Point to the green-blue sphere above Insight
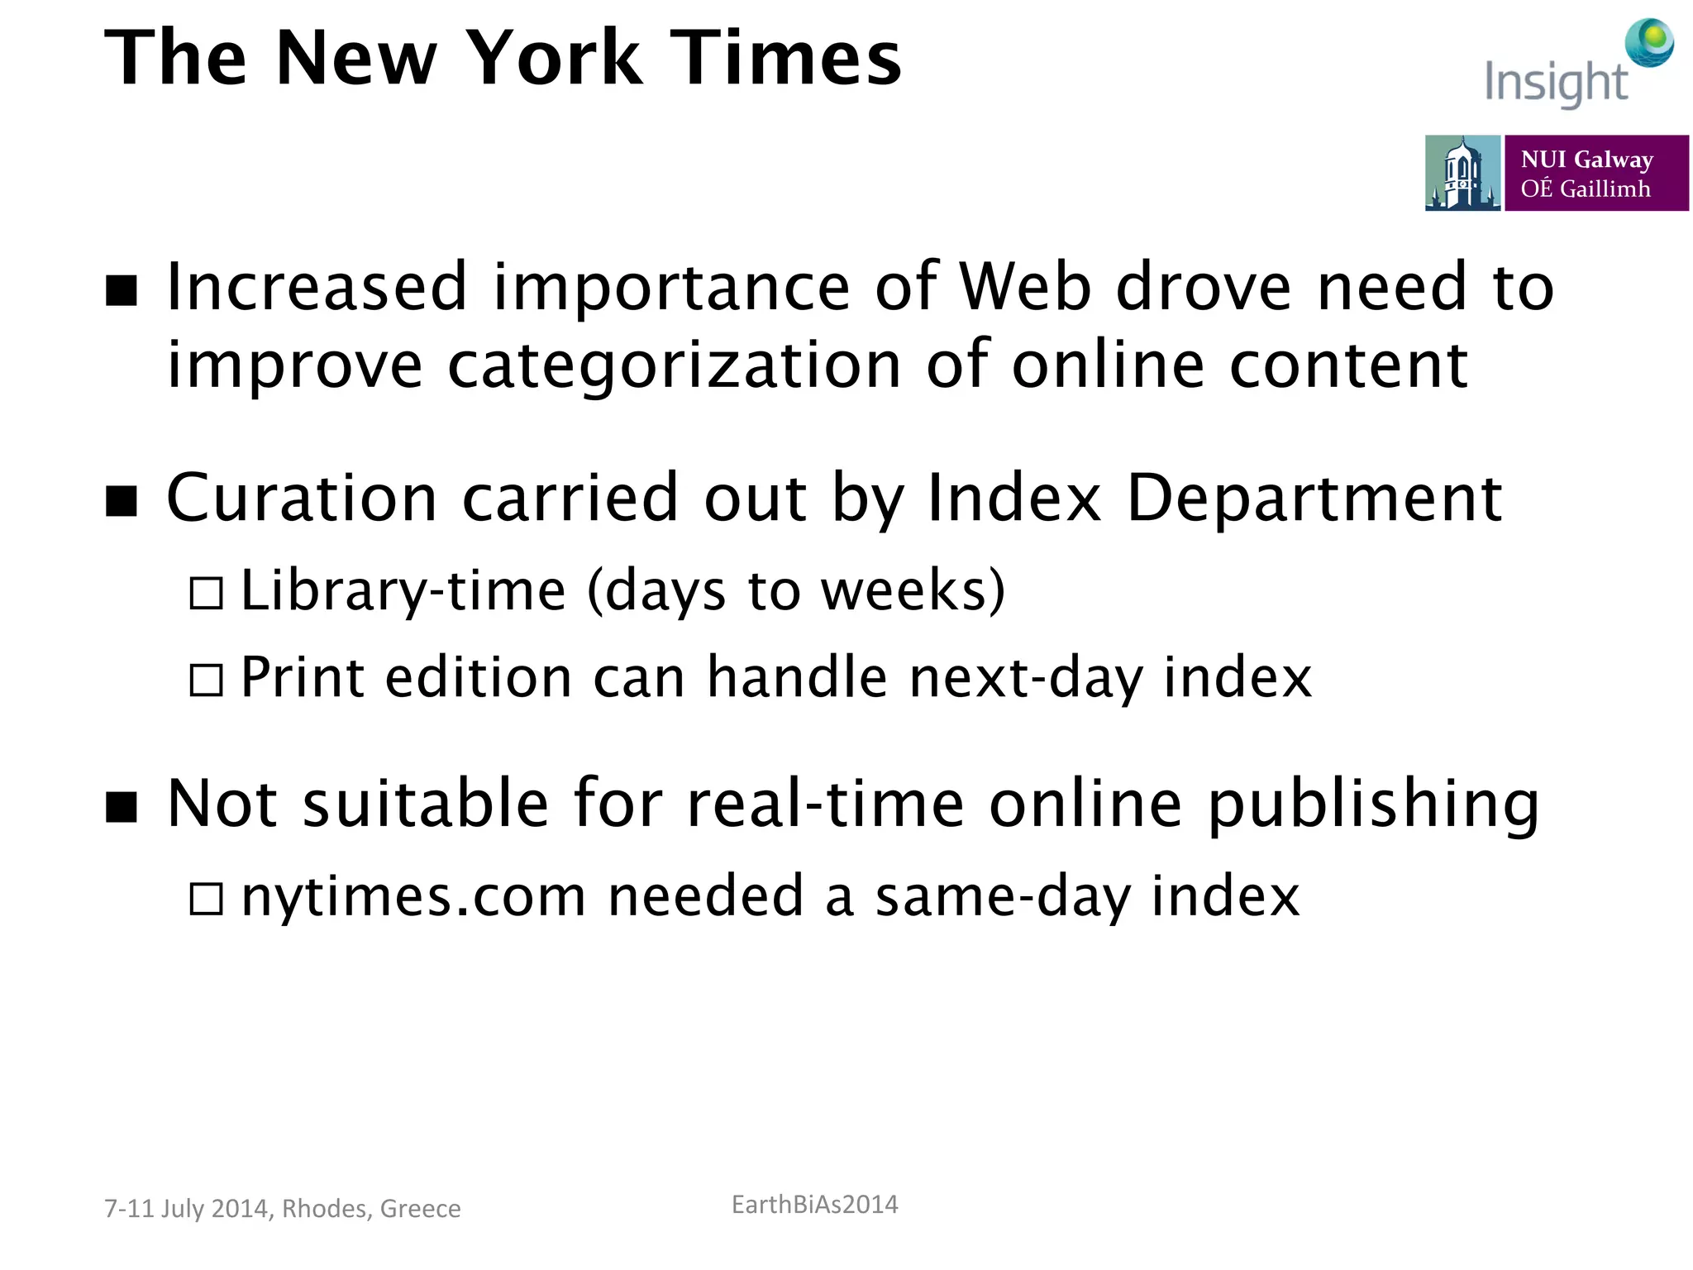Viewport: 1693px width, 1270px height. (1649, 41)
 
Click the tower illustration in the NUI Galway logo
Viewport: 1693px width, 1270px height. (1462, 174)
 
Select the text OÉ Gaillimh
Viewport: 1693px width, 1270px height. (1585, 189)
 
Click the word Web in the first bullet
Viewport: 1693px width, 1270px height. (1025, 287)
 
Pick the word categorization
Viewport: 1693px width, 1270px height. (674, 365)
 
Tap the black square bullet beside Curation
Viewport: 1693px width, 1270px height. (122, 501)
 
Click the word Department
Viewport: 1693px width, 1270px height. (1314, 499)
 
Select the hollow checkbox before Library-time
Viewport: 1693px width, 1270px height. (206, 594)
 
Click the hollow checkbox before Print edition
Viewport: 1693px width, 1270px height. (206, 680)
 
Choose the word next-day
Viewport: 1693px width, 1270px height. (1025, 678)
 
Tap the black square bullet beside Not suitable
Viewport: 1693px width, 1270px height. (122, 806)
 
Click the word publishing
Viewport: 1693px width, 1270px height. (1373, 804)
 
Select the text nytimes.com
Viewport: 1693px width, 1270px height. (413, 897)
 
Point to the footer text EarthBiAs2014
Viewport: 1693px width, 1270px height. (814, 1205)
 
